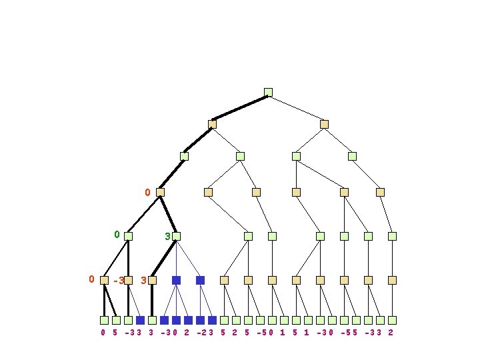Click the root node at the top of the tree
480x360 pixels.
[x=268, y=92]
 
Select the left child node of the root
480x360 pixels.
[x=212, y=124]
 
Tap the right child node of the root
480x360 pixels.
[x=324, y=124]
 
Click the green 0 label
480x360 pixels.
[x=117, y=235]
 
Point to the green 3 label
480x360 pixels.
[x=167, y=236]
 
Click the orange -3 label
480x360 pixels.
[x=119, y=281]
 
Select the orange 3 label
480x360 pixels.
[x=143, y=281]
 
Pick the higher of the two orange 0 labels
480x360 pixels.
[x=148, y=193]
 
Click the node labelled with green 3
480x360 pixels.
[x=176, y=236]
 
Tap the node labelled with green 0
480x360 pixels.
[x=128, y=236]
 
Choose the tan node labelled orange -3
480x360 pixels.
[x=129, y=281]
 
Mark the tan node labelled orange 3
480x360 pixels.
[x=153, y=281]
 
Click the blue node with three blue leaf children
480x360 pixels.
[x=176, y=281]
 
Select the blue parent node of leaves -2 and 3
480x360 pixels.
[x=200, y=281]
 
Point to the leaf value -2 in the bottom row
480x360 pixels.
[x=200, y=332]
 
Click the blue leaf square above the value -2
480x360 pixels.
[x=200, y=320]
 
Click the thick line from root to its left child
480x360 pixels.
[x=240, y=108]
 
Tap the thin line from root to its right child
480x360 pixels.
[x=296, y=108]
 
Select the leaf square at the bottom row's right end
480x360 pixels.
[x=392, y=320]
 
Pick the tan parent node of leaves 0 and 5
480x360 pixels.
[x=104, y=281]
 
